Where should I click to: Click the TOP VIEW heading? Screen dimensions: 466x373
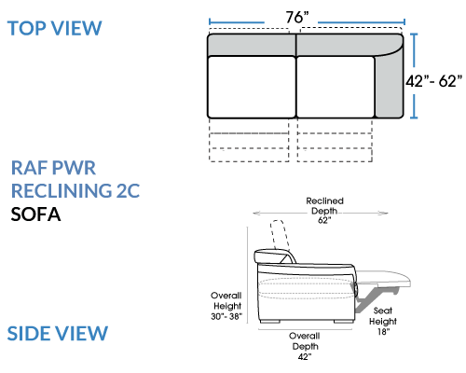pos(54,28)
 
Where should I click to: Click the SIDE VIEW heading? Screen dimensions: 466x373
pos(58,333)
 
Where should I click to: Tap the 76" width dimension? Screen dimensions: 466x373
pos(297,17)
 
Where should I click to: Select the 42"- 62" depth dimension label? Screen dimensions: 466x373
pos(434,81)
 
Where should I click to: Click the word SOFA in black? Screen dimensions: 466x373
pos(35,214)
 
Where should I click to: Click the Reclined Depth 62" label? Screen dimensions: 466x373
pos(324,211)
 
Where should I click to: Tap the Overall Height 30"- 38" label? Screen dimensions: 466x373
pos(226,306)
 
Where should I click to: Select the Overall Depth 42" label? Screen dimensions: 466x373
pos(305,346)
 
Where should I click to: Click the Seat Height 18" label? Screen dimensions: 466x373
pos(383,321)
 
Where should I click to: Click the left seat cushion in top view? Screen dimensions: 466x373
pos(252,88)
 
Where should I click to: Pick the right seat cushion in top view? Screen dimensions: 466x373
pos(336,88)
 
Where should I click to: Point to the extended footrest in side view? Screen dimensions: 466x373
pos(384,277)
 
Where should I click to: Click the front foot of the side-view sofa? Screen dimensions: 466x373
pos(343,321)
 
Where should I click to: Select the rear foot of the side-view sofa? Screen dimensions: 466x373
pos(269,321)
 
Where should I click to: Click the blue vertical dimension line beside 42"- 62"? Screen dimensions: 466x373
pos(414,76)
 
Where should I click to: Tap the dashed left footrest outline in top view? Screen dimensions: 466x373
pos(249,140)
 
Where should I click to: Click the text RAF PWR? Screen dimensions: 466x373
pos(53,168)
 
